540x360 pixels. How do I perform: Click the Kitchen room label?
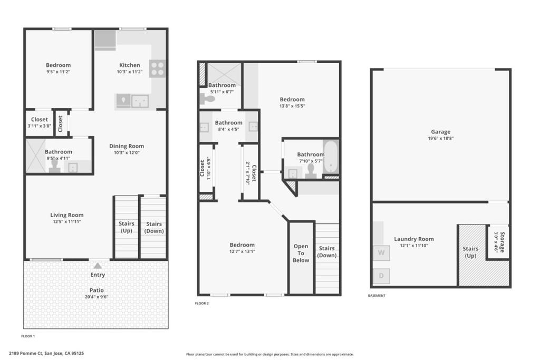[x=130, y=65]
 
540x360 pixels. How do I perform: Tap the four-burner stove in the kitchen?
[x=157, y=69]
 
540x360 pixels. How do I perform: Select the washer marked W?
[x=381, y=253]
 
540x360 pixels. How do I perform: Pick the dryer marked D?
[x=381, y=276]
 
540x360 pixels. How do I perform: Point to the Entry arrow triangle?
[x=98, y=266]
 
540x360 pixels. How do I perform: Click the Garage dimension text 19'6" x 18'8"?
[x=441, y=138]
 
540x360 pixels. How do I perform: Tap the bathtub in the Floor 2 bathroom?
[x=331, y=157]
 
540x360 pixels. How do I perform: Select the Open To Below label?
[x=301, y=254]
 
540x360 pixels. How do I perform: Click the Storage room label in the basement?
[x=503, y=242]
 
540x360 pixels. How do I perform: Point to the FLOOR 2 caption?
[x=202, y=303]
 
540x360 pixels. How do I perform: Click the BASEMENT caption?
[x=377, y=296]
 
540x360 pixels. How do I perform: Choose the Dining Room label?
[x=127, y=146]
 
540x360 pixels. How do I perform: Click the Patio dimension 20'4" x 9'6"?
[x=97, y=297]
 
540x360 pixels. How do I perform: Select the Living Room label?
[x=67, y=215]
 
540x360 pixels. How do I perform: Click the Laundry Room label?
[x=414, y=239]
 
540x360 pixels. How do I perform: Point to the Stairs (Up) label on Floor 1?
[x=127, y=227]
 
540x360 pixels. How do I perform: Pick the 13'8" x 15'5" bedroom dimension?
[x=292, y=106]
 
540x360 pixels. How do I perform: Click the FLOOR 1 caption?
[x=28, y=336]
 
